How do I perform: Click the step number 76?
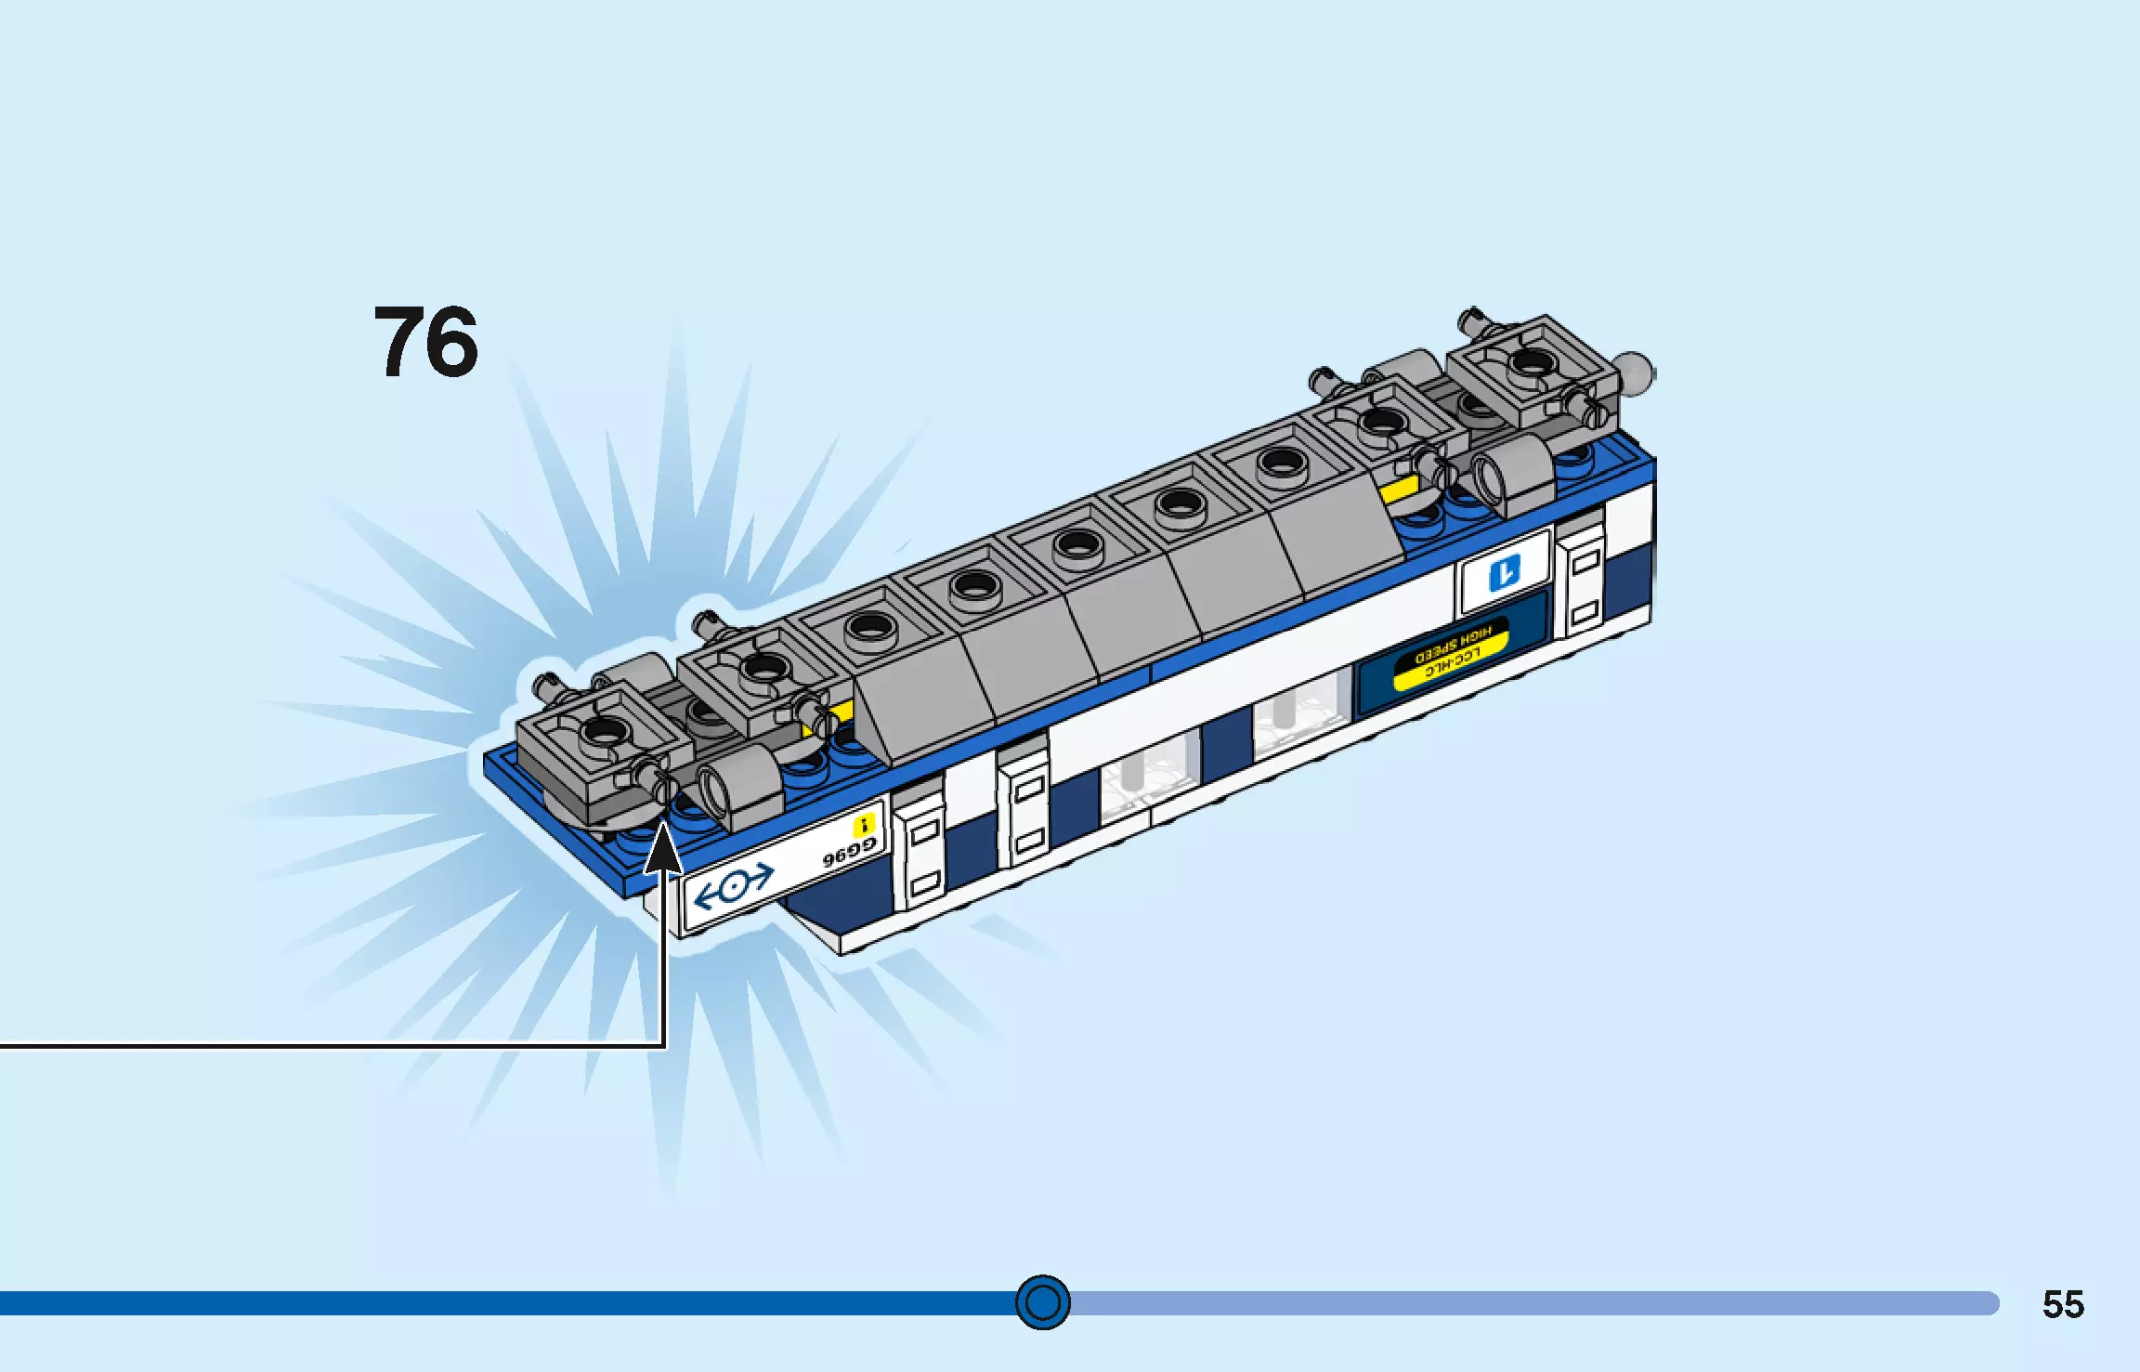coord(425,343)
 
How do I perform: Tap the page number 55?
coord(2063,1304)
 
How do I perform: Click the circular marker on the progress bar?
coord(1042,1302)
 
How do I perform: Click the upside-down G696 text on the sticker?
coord(847,854)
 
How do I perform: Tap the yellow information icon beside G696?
coord(864,825)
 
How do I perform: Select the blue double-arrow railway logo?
coord(734,886)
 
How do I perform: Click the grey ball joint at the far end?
coord(1635,372)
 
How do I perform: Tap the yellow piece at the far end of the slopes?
coord(1399,490)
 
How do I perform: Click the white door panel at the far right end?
coord(1584,584)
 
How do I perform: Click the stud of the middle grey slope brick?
coord(1076,542)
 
